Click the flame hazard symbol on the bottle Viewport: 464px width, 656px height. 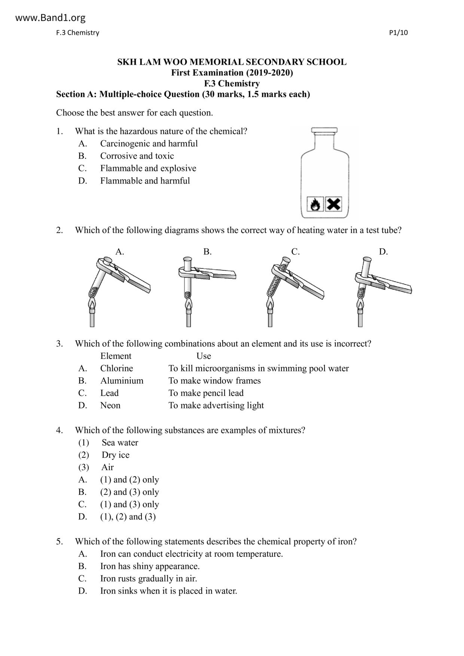coord(315,205)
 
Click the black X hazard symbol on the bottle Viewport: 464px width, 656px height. coord(333,204)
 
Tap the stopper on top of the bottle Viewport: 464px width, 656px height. coord(324,130)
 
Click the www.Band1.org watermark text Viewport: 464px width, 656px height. coord(51,18)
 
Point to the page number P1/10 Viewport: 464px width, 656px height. coord(398,33)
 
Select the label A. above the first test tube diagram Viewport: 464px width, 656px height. coord(120,252)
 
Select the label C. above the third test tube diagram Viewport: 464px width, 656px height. coord(296,252)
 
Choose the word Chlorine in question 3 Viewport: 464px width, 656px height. coord(116,368)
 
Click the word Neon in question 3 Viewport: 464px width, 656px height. coord(110,405)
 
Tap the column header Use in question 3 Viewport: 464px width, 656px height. coord(204,356)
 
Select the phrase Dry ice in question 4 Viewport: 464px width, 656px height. coord(115,455)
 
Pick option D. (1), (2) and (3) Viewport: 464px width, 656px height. coord(128,517)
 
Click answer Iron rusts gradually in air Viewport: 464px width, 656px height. coord(148,579)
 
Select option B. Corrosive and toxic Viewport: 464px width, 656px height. coord(137,156)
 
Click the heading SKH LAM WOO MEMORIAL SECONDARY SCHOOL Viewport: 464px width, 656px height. coord(232,62)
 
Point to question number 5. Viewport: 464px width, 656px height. coord(60,542)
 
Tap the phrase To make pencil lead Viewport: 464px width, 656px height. coord(206,393)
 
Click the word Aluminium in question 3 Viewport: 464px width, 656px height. coord(122,381)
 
